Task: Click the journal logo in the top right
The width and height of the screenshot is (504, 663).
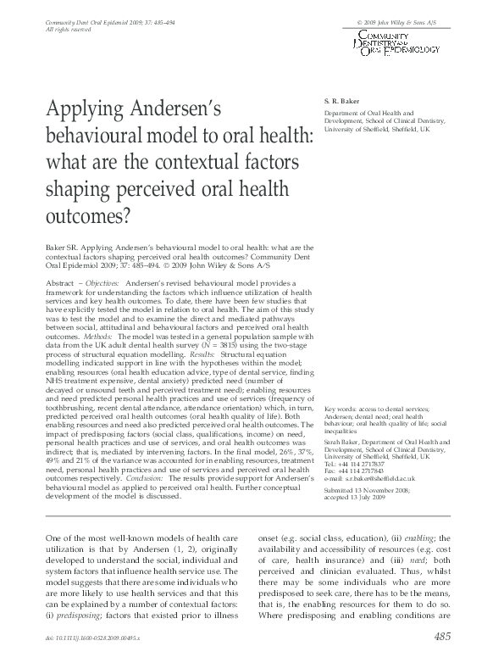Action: (398, 41)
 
